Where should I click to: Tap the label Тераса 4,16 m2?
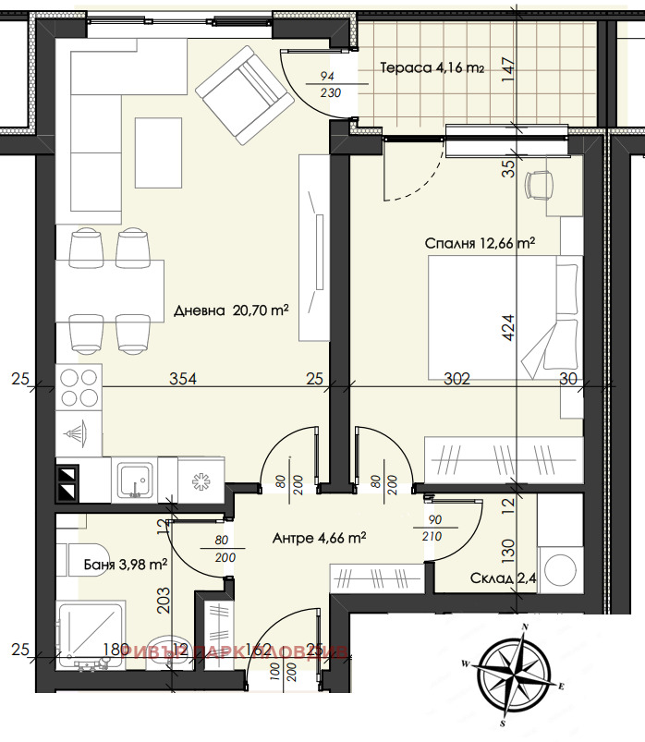click(x=432, y=67)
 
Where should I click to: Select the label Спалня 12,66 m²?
click(x=481, y=244)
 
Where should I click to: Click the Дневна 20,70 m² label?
click(x=231, y=311)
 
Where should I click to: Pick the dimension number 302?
click(x=457, y=378)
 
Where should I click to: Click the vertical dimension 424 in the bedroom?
click(x=508, y=329)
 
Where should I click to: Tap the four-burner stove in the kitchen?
click(x=79, y=388)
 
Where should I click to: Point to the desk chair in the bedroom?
click(x=540, y=183)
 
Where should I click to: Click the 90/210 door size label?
click(x=432, y=529)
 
